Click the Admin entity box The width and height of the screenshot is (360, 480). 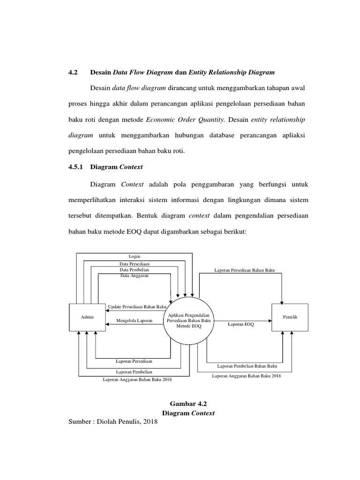pos(87,317)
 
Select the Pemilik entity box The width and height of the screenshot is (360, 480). pos(290,317)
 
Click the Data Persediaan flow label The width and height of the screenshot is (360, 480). pos(135,265)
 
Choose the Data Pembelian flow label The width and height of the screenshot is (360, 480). pos(135,270)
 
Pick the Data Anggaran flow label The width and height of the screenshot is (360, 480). pos(135,276)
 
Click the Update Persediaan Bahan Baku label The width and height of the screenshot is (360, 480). pos(137,307)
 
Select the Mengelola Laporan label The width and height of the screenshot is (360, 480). pos(132,321)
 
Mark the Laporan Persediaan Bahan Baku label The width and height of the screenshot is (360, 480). pos(245,270)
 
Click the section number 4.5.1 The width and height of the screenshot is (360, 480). pos(75,166)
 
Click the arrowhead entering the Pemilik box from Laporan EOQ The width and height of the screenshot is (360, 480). pos(270,321)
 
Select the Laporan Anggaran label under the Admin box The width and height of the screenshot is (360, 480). pos(137,380)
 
